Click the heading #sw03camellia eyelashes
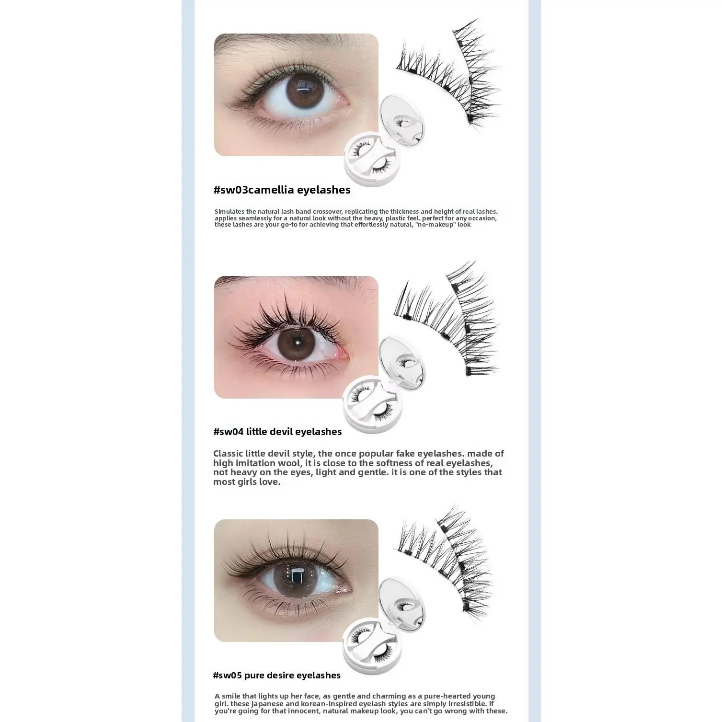282,190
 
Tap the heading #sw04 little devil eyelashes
277,432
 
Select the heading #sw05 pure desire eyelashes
277,676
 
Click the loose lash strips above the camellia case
448,72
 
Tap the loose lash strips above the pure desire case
443,561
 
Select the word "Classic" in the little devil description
229,454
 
